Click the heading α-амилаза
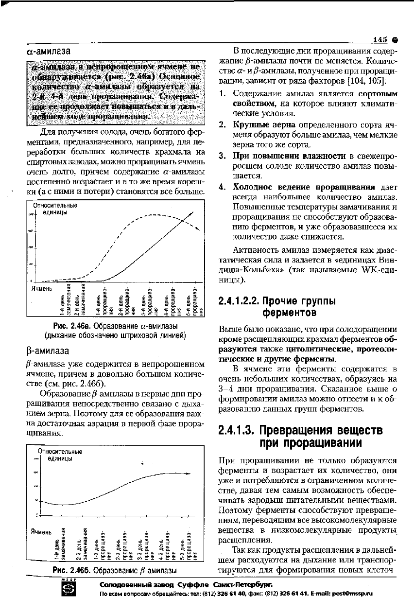(x=48, y=51)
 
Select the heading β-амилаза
(x=48, y=351)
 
